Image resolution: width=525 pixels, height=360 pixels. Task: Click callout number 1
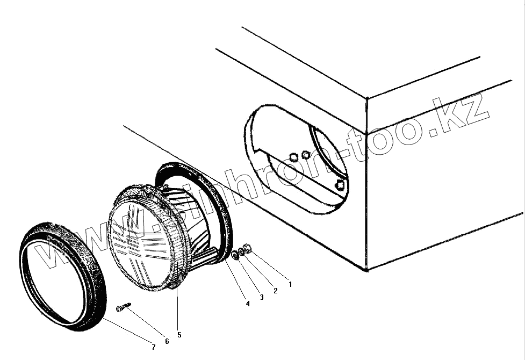(x=291, y=284)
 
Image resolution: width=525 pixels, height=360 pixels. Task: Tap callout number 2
(x=276, y=291)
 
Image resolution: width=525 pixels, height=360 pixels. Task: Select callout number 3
(x=262, y=297)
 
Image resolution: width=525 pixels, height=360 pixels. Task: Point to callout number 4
(x=248, y=304)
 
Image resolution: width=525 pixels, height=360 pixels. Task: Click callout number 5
(x=179, y=335)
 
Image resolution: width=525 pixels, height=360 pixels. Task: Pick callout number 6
(x=167, y=341)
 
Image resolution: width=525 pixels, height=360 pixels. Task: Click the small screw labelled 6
(x=123, y=307)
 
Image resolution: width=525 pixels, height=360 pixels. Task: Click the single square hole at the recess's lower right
(x=340, y=186)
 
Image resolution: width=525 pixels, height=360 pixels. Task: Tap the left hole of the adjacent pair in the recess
(x=293, y=156)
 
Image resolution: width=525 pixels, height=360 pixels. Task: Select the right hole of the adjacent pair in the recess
(x=306, y=155)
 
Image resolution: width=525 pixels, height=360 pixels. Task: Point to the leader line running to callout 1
(x=269, y=265)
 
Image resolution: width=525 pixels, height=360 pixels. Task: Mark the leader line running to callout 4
(x=236, y=282)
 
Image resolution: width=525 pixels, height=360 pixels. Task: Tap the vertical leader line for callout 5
(x=178, y=306)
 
